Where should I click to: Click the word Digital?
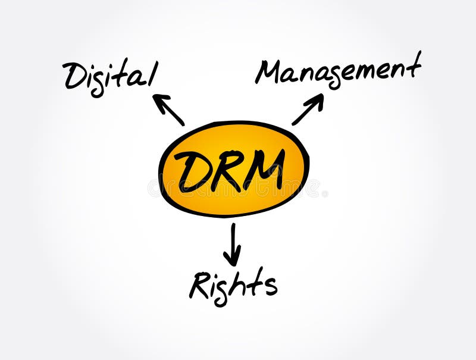click(x=110, y=76)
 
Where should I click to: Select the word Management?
click(x=338, y=70)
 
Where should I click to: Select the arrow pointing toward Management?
click(x=308, y=109)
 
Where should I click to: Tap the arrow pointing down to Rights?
click(x=233, y=243)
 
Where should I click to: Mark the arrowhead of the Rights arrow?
click(x=233, y=259)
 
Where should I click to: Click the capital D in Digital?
click(x=74, y=76)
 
